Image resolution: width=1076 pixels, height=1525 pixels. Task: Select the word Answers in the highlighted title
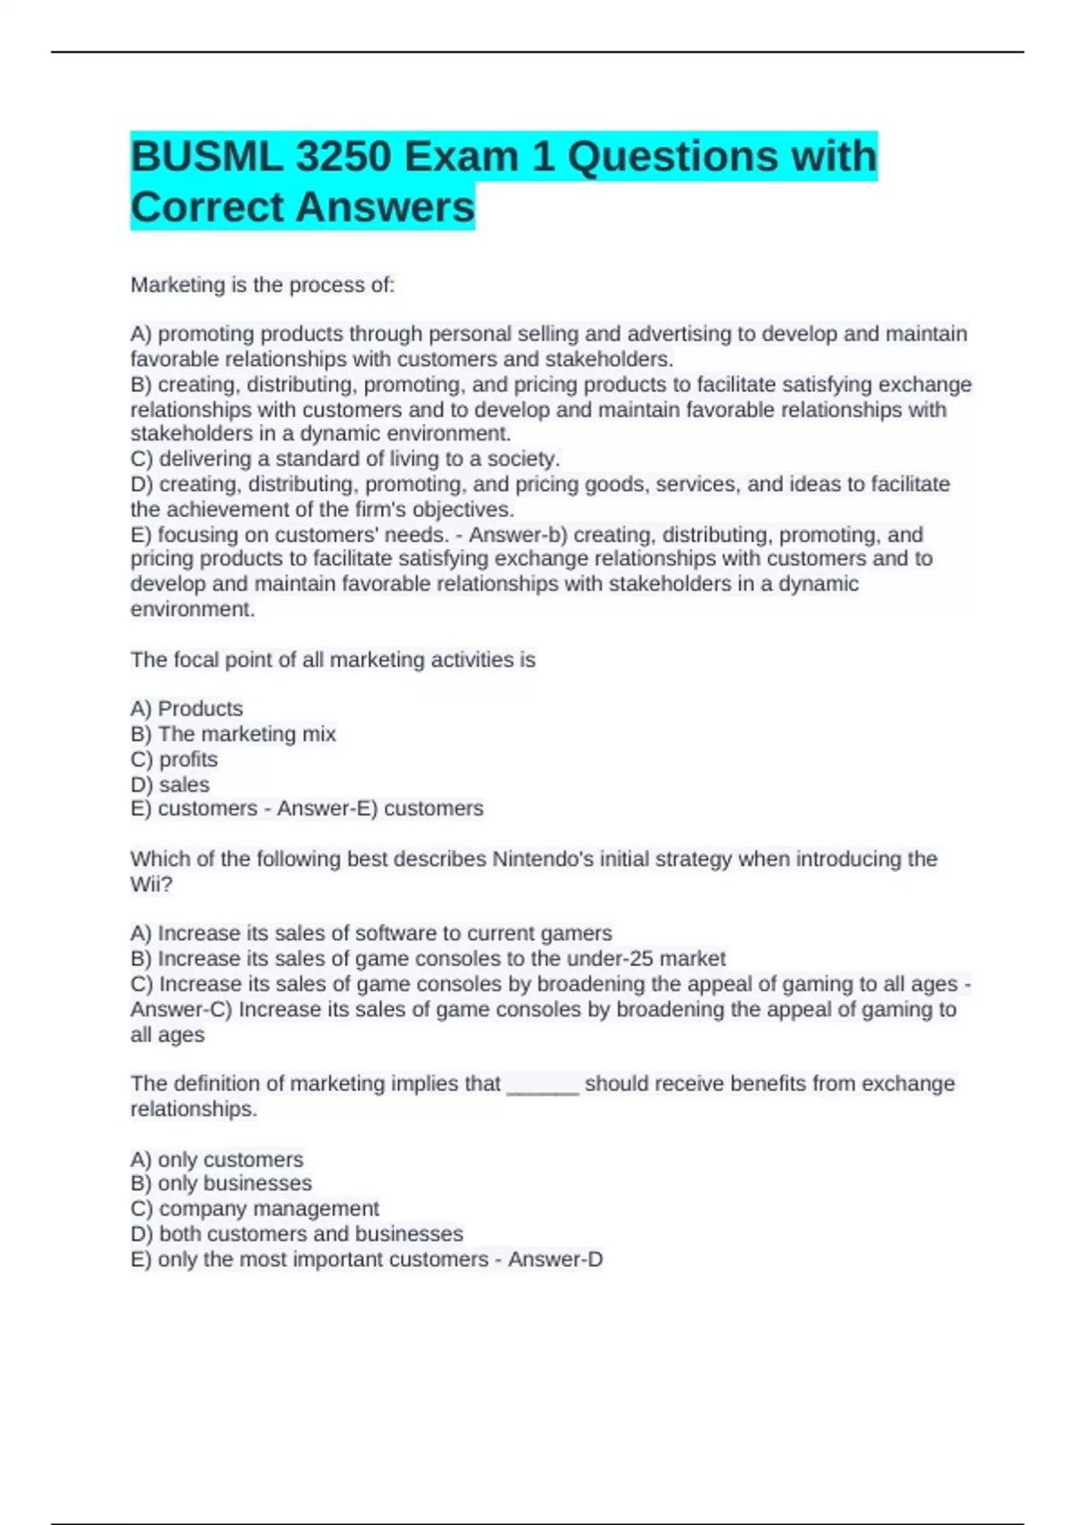tap(385, 207)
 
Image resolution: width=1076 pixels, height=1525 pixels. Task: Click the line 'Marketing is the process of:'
tap(262, 285)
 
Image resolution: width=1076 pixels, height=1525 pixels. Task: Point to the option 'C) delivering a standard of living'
tap(345, 459)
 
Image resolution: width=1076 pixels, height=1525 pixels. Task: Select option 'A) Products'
tap(187, 709)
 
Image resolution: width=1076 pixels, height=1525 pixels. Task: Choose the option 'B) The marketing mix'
tap(233, 734)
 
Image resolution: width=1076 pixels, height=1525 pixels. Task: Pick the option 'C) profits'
tap(174, 759)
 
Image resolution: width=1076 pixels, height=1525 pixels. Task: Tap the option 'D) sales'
tap(170, 784)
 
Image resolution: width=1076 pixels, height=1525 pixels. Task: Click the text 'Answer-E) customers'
tap(380, 808)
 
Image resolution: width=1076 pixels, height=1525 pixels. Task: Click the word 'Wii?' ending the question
tap(152, 884)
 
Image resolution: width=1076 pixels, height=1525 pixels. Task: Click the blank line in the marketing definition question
tap(542, 1085)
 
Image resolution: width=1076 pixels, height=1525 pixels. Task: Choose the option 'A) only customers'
tap(217, 1159)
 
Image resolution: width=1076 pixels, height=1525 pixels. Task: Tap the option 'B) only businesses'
tap(221, 1183)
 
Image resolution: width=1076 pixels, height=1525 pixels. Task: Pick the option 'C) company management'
tap(255, 1208)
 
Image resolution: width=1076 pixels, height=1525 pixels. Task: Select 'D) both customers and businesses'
tap(297, 1233)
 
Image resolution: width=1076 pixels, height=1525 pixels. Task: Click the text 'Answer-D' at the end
tap(555, 1259)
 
